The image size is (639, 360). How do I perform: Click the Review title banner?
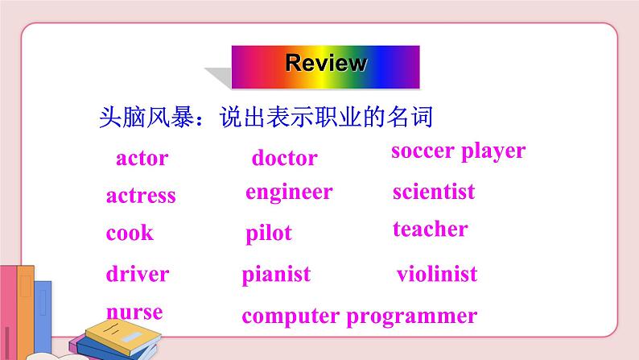click(325, 63)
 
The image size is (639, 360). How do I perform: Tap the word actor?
click(142, 158)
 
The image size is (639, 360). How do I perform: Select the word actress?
click(141, 196)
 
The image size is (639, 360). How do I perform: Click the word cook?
click(130, 234)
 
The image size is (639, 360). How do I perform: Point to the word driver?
click(138, 274)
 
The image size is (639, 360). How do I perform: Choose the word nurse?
click(134, 312)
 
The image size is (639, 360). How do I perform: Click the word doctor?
click(284, 158)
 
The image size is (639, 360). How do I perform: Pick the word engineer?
click(289, 192)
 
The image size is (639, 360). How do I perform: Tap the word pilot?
click(269, 234)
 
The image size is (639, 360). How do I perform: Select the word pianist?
click(276, 275)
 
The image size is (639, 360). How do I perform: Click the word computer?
click(291, 317)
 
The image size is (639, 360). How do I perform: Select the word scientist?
click(434, 192)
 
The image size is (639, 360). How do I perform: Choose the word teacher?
click(430, 230)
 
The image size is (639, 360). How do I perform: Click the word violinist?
click(437, 275)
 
